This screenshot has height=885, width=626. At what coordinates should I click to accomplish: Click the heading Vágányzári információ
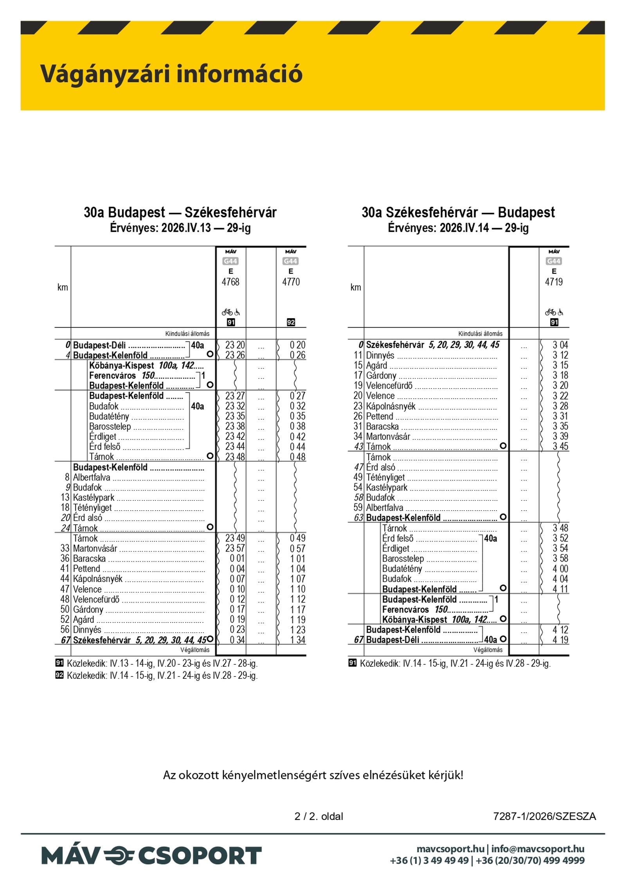tap(171, 74)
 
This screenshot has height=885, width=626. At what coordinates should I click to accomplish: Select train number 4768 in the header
tap(230, 282)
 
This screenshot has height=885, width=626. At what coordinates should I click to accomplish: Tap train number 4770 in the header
tap(291, 282)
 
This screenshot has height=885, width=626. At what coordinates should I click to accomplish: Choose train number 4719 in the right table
tap(554, 282)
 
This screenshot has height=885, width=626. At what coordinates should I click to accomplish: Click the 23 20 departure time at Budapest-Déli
tap(235, 345)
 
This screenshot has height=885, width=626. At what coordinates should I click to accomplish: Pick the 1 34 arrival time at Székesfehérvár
tap(297, 640)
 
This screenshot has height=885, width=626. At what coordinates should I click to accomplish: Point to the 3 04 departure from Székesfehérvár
tap(560, 345)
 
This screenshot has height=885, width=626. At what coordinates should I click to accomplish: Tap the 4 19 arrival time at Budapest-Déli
tap(560, 640)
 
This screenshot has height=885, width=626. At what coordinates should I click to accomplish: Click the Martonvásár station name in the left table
tap(95, 549)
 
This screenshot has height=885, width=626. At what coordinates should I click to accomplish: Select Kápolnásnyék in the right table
tap(390, 406)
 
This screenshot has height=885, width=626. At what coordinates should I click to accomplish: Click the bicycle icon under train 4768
tap(227, 312)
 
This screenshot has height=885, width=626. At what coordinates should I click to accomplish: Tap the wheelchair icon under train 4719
tap(560, 312)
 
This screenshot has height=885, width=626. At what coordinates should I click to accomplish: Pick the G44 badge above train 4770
tap(291, 261)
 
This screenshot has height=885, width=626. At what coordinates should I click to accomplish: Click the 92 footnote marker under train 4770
tap(291, 322)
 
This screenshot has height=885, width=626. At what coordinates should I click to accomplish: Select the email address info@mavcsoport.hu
tap(538, 849)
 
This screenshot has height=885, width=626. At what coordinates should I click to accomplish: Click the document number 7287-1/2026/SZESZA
tap(544, 816)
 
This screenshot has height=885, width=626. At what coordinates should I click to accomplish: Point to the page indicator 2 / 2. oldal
tap(318, 816)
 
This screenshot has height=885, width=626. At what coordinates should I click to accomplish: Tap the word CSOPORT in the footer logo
tap(200, 855)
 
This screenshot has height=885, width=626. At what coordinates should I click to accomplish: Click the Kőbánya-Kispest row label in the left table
tap(121, 365)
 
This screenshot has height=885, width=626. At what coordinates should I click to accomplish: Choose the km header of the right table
tap(355, 287)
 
